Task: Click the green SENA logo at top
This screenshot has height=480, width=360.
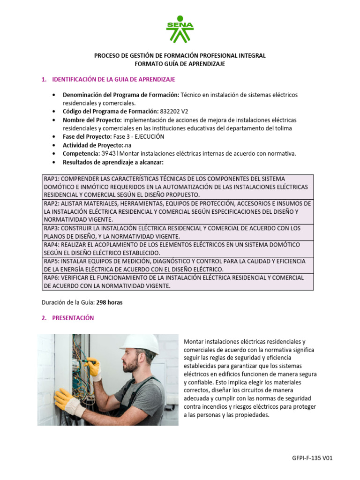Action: coord(180,29)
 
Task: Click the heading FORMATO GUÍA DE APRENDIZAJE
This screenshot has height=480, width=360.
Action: coord(180,64)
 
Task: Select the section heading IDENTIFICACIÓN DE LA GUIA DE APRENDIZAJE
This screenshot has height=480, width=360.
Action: coord(114,80)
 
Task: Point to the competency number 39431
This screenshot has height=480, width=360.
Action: coord(110,153)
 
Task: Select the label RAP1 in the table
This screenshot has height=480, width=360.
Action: coord(52,179)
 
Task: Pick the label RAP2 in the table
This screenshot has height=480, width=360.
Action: coord(52,204)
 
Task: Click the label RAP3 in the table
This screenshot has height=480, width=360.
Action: coord(52,228)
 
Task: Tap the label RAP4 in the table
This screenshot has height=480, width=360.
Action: coord(52,245)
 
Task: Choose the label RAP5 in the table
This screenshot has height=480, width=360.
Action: coord(52,261)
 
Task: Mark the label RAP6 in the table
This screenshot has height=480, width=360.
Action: coord(52,277)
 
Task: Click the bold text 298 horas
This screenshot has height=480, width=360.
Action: coord(109,302)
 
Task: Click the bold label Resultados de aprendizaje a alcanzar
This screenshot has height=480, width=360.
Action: coord(112,162)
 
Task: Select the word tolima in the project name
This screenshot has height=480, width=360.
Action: coord(283,128)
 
